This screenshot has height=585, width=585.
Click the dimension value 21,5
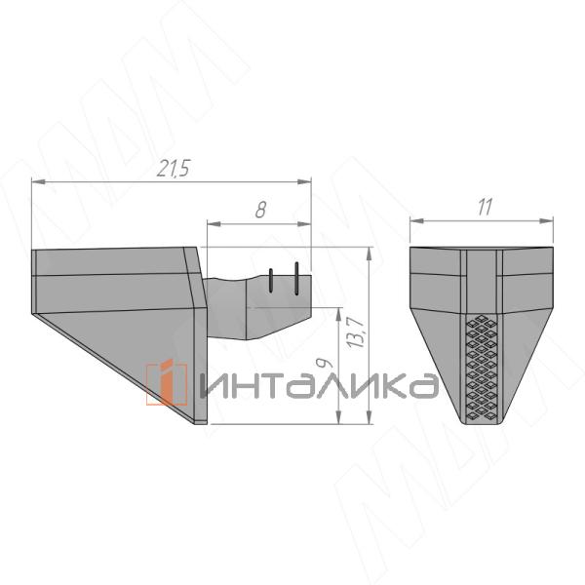173,169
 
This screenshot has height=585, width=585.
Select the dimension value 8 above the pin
260,210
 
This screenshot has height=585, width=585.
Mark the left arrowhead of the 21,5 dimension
37,180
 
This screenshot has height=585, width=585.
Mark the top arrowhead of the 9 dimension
337,314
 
